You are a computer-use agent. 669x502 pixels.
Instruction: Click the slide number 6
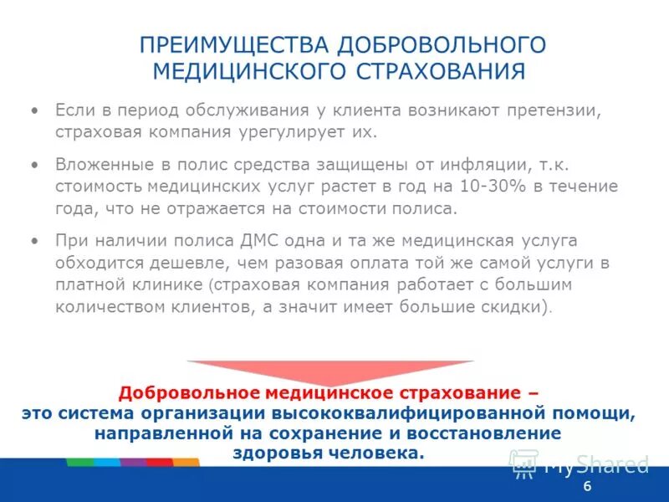[587, 487]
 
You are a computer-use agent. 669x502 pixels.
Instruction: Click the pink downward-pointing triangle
[329, 371]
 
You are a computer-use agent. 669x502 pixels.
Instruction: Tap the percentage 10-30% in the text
[477, 187]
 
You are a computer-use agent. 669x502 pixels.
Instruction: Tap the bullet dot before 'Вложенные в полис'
[34, 165]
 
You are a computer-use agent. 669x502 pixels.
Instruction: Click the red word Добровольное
[190, 392]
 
